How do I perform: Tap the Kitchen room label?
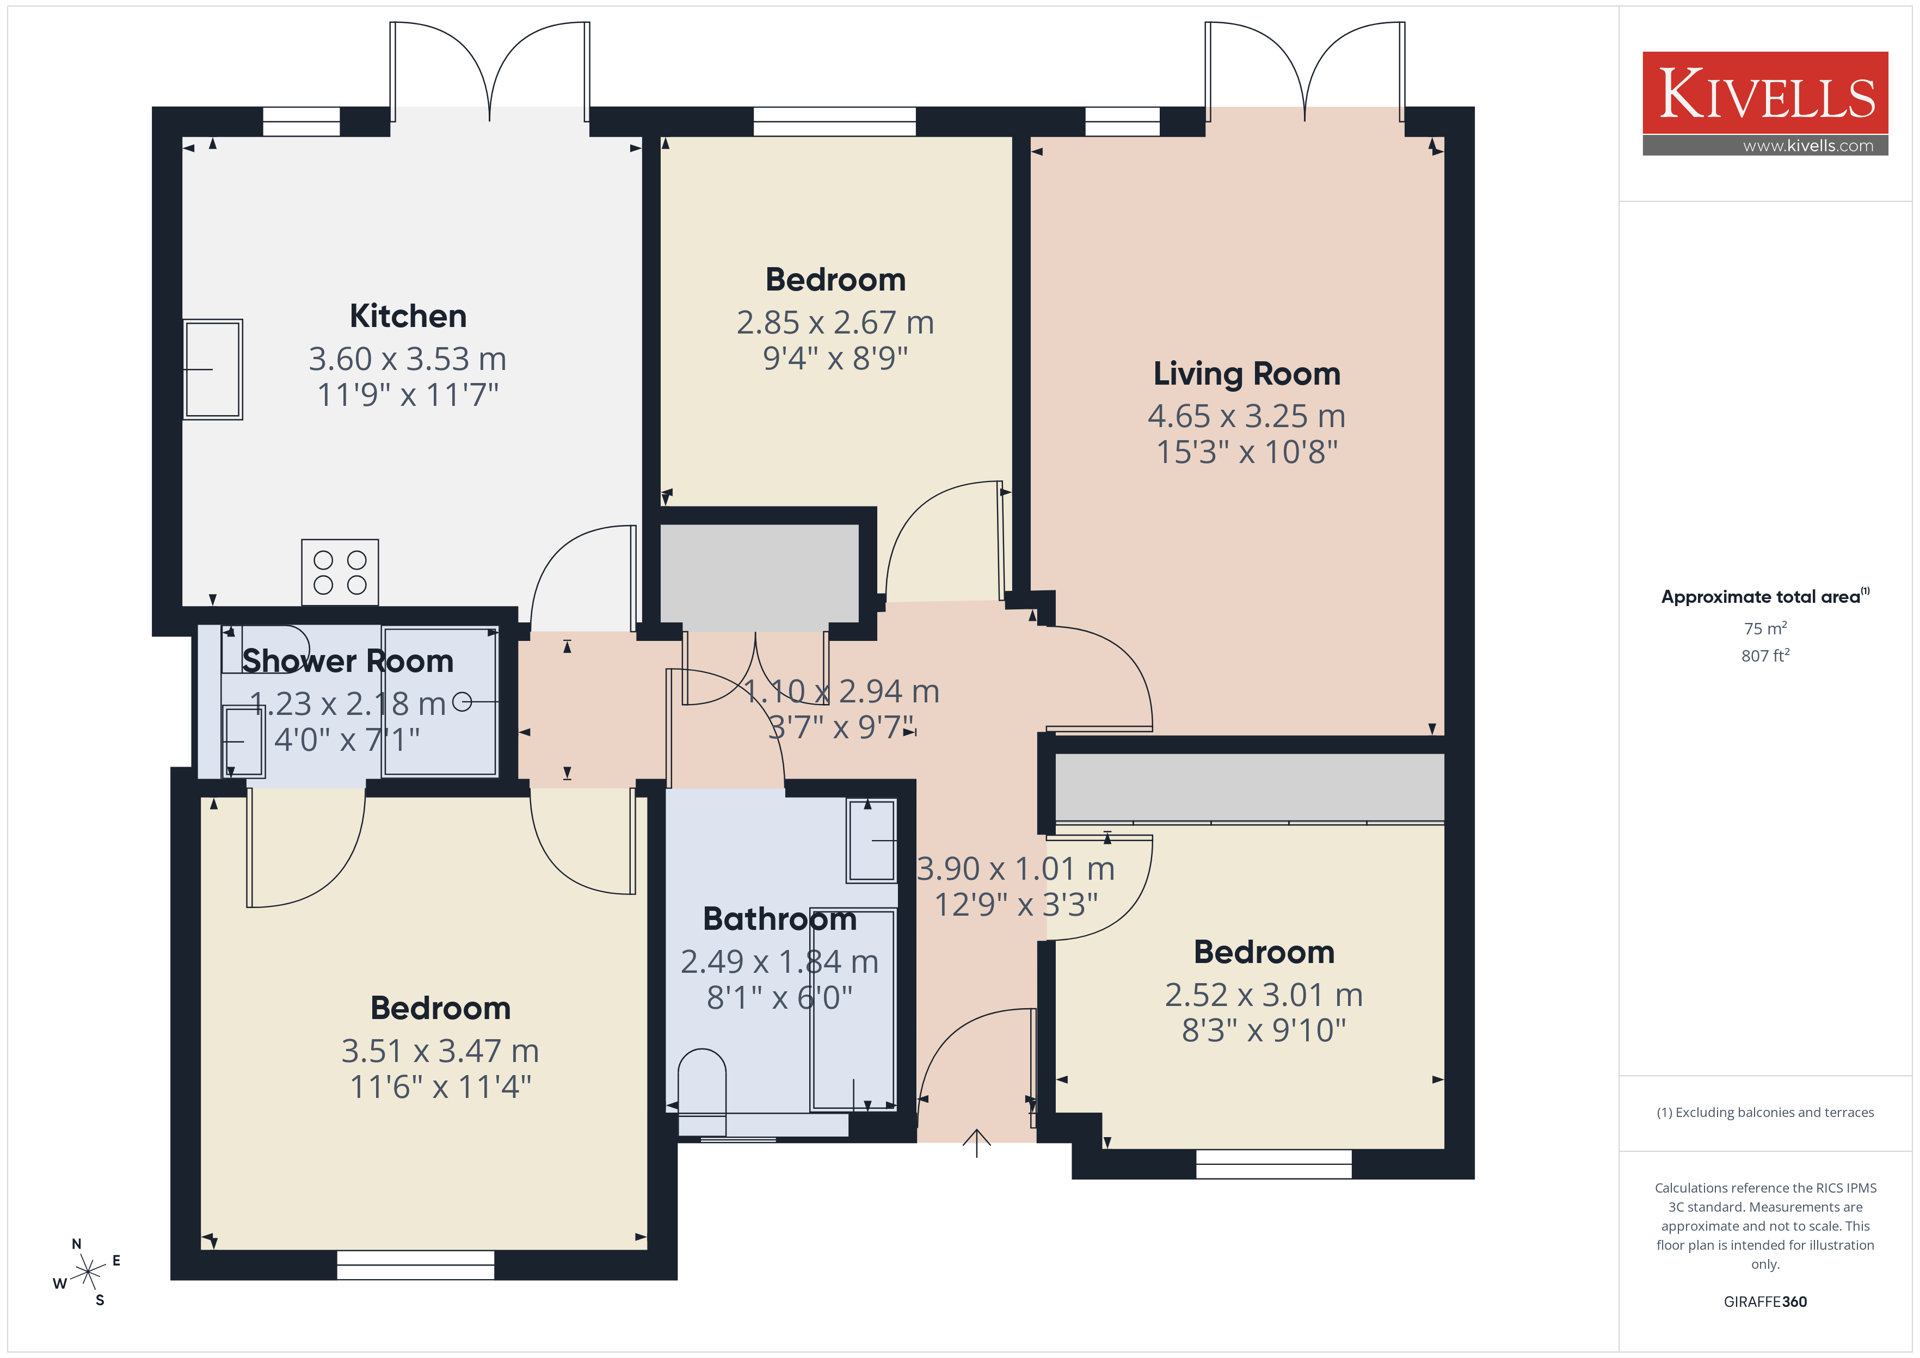point(408,316)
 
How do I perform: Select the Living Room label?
point(1247,374)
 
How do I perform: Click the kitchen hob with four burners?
point(340,572)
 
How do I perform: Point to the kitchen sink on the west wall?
point(213,369)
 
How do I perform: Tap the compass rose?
point(87,1272)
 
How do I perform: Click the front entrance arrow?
point(977,1142)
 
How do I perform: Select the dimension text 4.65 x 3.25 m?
point(1246,416)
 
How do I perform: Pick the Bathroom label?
point(779,919)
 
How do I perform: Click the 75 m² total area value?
point(1765,628)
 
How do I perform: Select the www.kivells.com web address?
point(1808,145)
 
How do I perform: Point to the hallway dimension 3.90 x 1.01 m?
point(1016,869)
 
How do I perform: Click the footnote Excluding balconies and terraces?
point(1765,1112)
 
